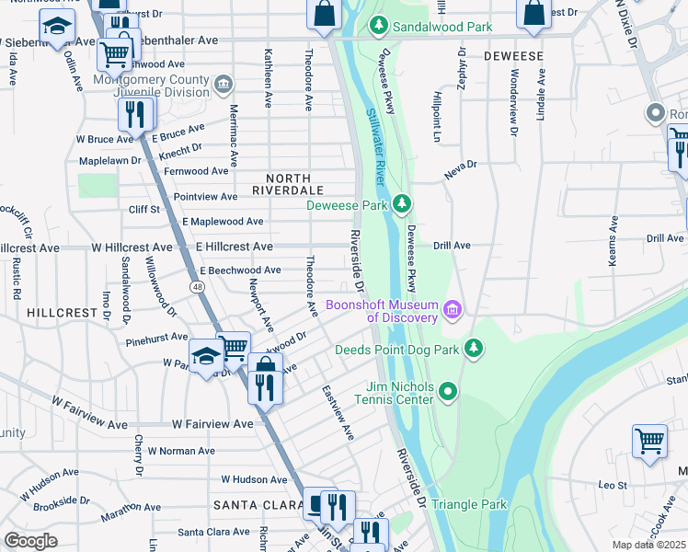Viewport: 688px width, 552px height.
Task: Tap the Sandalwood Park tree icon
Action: coord(376,27)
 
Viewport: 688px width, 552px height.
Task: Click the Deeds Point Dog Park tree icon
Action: coord(473,348)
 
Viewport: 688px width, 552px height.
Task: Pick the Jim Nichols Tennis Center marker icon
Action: coord(448,393)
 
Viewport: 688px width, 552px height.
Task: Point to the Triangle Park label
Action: coord(469,505)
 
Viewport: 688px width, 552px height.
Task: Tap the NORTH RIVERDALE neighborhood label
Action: coord(288,178)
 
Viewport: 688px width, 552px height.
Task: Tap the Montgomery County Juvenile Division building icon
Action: coord(223,86)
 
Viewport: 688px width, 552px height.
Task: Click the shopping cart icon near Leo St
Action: coord(649,441)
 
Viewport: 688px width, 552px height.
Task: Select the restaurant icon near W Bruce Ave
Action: coord(134,113)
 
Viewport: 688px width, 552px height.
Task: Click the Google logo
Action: coord(30,541)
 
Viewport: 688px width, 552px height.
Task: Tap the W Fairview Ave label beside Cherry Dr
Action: coord(212,424)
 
